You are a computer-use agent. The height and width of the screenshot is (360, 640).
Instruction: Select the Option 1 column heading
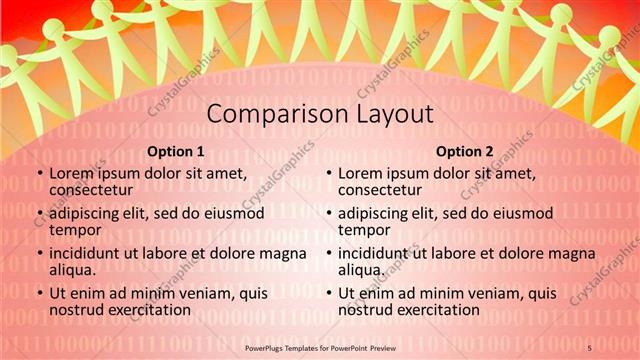click(x=175, y=152)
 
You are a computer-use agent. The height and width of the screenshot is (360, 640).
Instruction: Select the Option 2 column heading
click(x=465, y=152)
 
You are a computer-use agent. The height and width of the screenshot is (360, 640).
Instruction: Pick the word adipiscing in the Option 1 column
click(x=90, y=213)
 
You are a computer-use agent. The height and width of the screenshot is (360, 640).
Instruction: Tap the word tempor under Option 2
click(x=361, y=229)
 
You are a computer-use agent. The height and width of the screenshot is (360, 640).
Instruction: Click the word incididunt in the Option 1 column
click(x=91, y=254)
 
